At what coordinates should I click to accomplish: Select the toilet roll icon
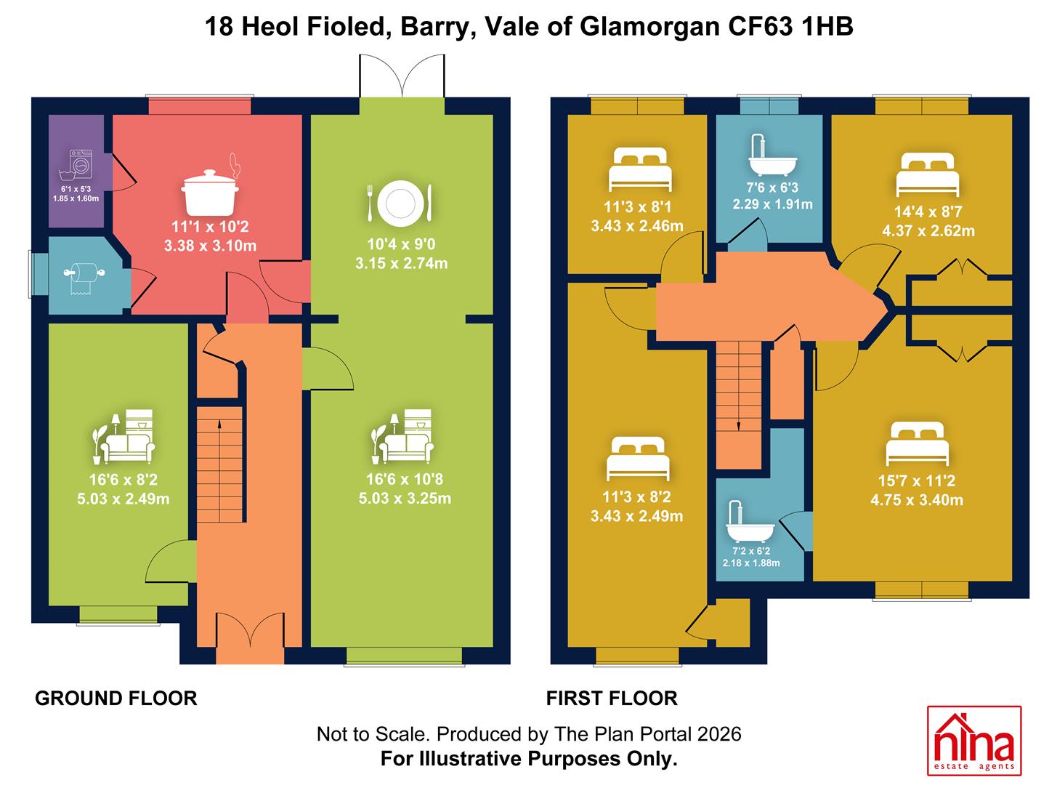click(x=84, y=278)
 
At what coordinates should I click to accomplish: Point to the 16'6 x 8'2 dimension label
click(x=123, y=479)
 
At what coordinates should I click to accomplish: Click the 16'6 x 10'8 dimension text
click(x=405, y=479)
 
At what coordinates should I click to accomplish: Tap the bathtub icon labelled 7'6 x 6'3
click(x=772, y=155)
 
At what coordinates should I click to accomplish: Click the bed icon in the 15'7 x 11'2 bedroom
click(x=918, y=443)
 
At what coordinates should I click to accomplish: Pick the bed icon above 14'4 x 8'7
click(x=928, y=174)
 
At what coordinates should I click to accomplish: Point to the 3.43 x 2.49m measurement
click(x=636, y=515)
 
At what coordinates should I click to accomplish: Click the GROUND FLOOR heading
click(x=116, y=699)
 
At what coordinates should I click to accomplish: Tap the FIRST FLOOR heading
click(x=612, y=699)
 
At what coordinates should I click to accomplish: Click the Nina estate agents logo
click(x=974, y=747)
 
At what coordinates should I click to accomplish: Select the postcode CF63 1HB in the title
click(x=790, y=26)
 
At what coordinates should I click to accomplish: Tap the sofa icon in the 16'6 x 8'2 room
click(x=123, y=437)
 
